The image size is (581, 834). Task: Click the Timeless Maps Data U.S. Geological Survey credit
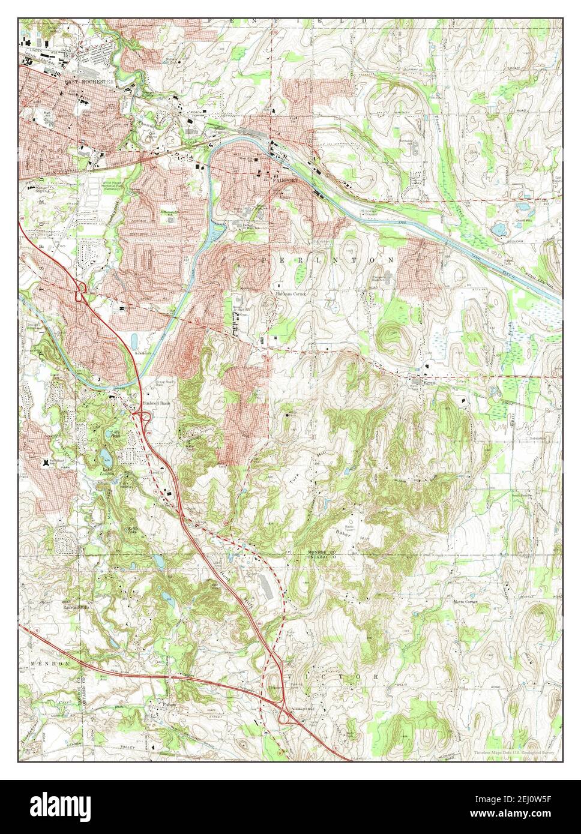(x=514, y=752)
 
